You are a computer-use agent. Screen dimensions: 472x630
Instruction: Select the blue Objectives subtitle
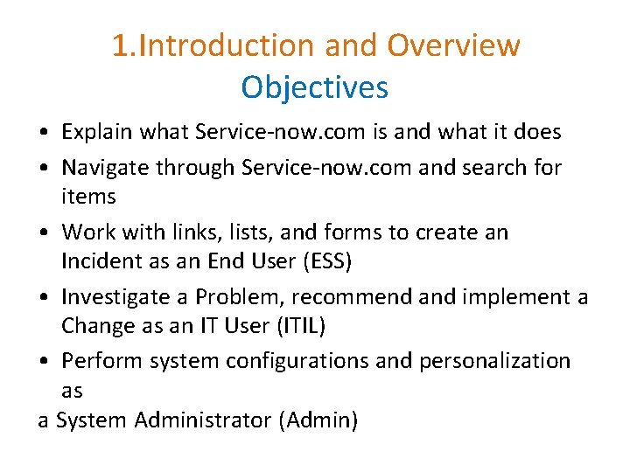(314, 87)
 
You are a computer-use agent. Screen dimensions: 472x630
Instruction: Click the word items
(88, 198)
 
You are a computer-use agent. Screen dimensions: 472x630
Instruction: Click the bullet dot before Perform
(43, 362)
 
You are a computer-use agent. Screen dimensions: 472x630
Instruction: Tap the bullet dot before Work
(43, 233)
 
